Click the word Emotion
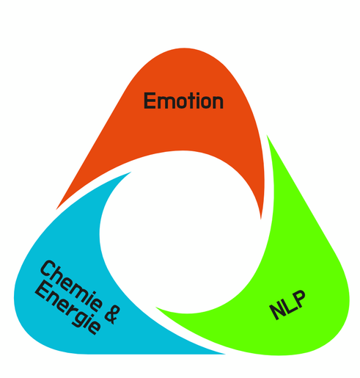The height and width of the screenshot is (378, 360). click(183, 101)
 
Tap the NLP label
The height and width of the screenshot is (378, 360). click(287, 305)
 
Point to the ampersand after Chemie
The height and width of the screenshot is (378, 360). click(110, 316)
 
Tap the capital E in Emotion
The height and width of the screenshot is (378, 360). click(150, 101)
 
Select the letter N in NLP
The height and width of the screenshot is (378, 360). click(276, 313)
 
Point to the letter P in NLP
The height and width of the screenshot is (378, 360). click(298, 298)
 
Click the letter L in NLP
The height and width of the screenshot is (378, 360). click(287, 305)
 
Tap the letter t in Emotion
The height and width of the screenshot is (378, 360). click(188, 101)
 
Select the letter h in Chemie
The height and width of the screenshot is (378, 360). click(59, 277)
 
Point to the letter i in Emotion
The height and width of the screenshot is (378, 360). click(196, 101)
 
